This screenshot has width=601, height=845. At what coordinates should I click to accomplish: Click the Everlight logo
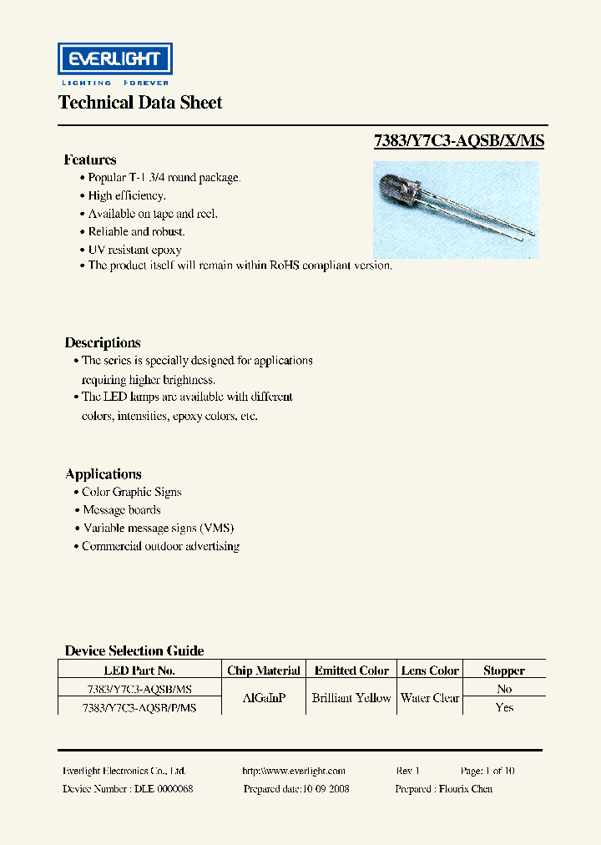(114, 60)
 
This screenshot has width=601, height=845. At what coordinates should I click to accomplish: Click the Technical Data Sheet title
(140, 103)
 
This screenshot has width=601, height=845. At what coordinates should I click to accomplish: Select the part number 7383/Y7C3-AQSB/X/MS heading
(458, 141)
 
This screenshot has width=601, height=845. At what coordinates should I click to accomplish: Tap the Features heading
(90, 159)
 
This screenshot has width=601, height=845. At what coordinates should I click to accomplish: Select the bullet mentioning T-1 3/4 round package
(164, 178)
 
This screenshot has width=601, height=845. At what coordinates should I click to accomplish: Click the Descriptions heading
(103, 342)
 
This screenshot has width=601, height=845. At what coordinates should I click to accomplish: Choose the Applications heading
(104, 473)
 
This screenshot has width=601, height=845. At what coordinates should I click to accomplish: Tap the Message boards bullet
(122, 510)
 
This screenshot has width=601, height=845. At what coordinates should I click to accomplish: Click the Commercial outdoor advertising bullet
(160, 546)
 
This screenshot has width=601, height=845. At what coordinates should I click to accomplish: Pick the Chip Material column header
(264, 670)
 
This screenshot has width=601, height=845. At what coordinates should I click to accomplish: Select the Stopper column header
(504, 670)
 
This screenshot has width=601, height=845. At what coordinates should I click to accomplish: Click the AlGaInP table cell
(264, 698)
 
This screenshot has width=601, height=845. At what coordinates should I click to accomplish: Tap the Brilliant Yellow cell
(351, 698)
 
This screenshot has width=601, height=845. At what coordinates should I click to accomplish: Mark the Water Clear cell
(430, 698)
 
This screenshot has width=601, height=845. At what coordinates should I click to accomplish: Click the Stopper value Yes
(504, 707)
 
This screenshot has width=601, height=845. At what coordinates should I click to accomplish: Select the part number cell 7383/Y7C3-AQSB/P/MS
(139, 707)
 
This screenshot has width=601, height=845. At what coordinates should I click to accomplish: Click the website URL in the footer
(293, 771)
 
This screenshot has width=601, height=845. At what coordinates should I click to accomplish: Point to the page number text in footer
(487, 771)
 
